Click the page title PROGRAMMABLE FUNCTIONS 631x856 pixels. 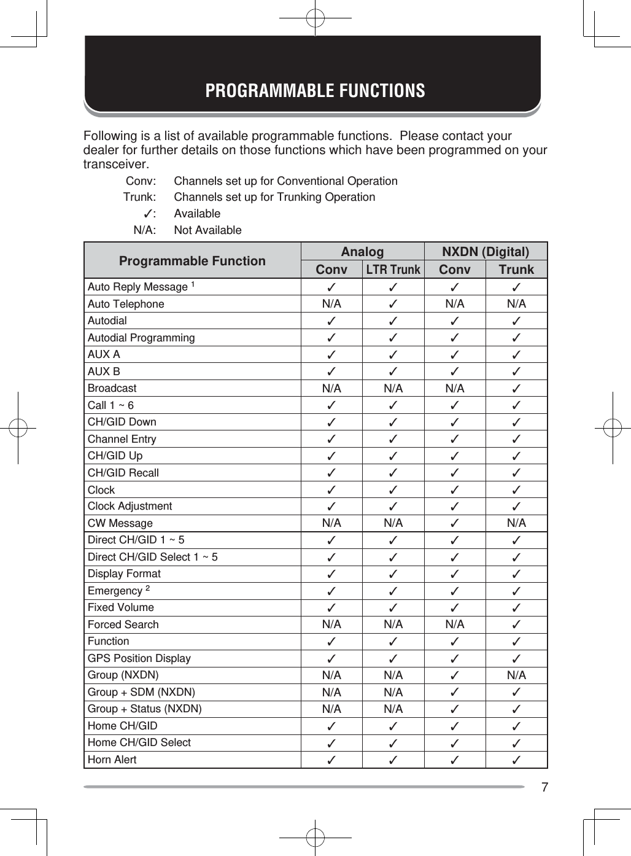tap(315, 91)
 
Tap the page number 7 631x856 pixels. tap(544, 787)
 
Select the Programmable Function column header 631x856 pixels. tap(192, 261)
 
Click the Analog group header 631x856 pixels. tap(362, 252)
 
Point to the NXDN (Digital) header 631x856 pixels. tap(486, 252)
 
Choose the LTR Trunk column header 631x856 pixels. tap(393, 270)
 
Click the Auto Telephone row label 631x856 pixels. tap(126, 304)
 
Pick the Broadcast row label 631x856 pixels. tap(112, 388)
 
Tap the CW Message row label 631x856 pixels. tap(120, 523)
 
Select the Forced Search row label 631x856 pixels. tap(123, 624)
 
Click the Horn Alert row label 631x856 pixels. tap(112, 760)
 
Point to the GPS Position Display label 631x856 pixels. tap(139, 658)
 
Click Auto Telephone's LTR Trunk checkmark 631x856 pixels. tap(393, 304)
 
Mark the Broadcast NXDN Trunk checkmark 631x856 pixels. tap(516, 388)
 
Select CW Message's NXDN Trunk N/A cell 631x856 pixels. tap(516, 523)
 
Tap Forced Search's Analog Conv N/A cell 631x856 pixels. tap(331, 624)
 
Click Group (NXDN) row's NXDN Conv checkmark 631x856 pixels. tap(455, 675)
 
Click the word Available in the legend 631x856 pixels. tap(197, 214)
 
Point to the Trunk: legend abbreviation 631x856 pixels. tap(139, 197)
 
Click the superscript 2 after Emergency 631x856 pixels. tap(147, 588)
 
